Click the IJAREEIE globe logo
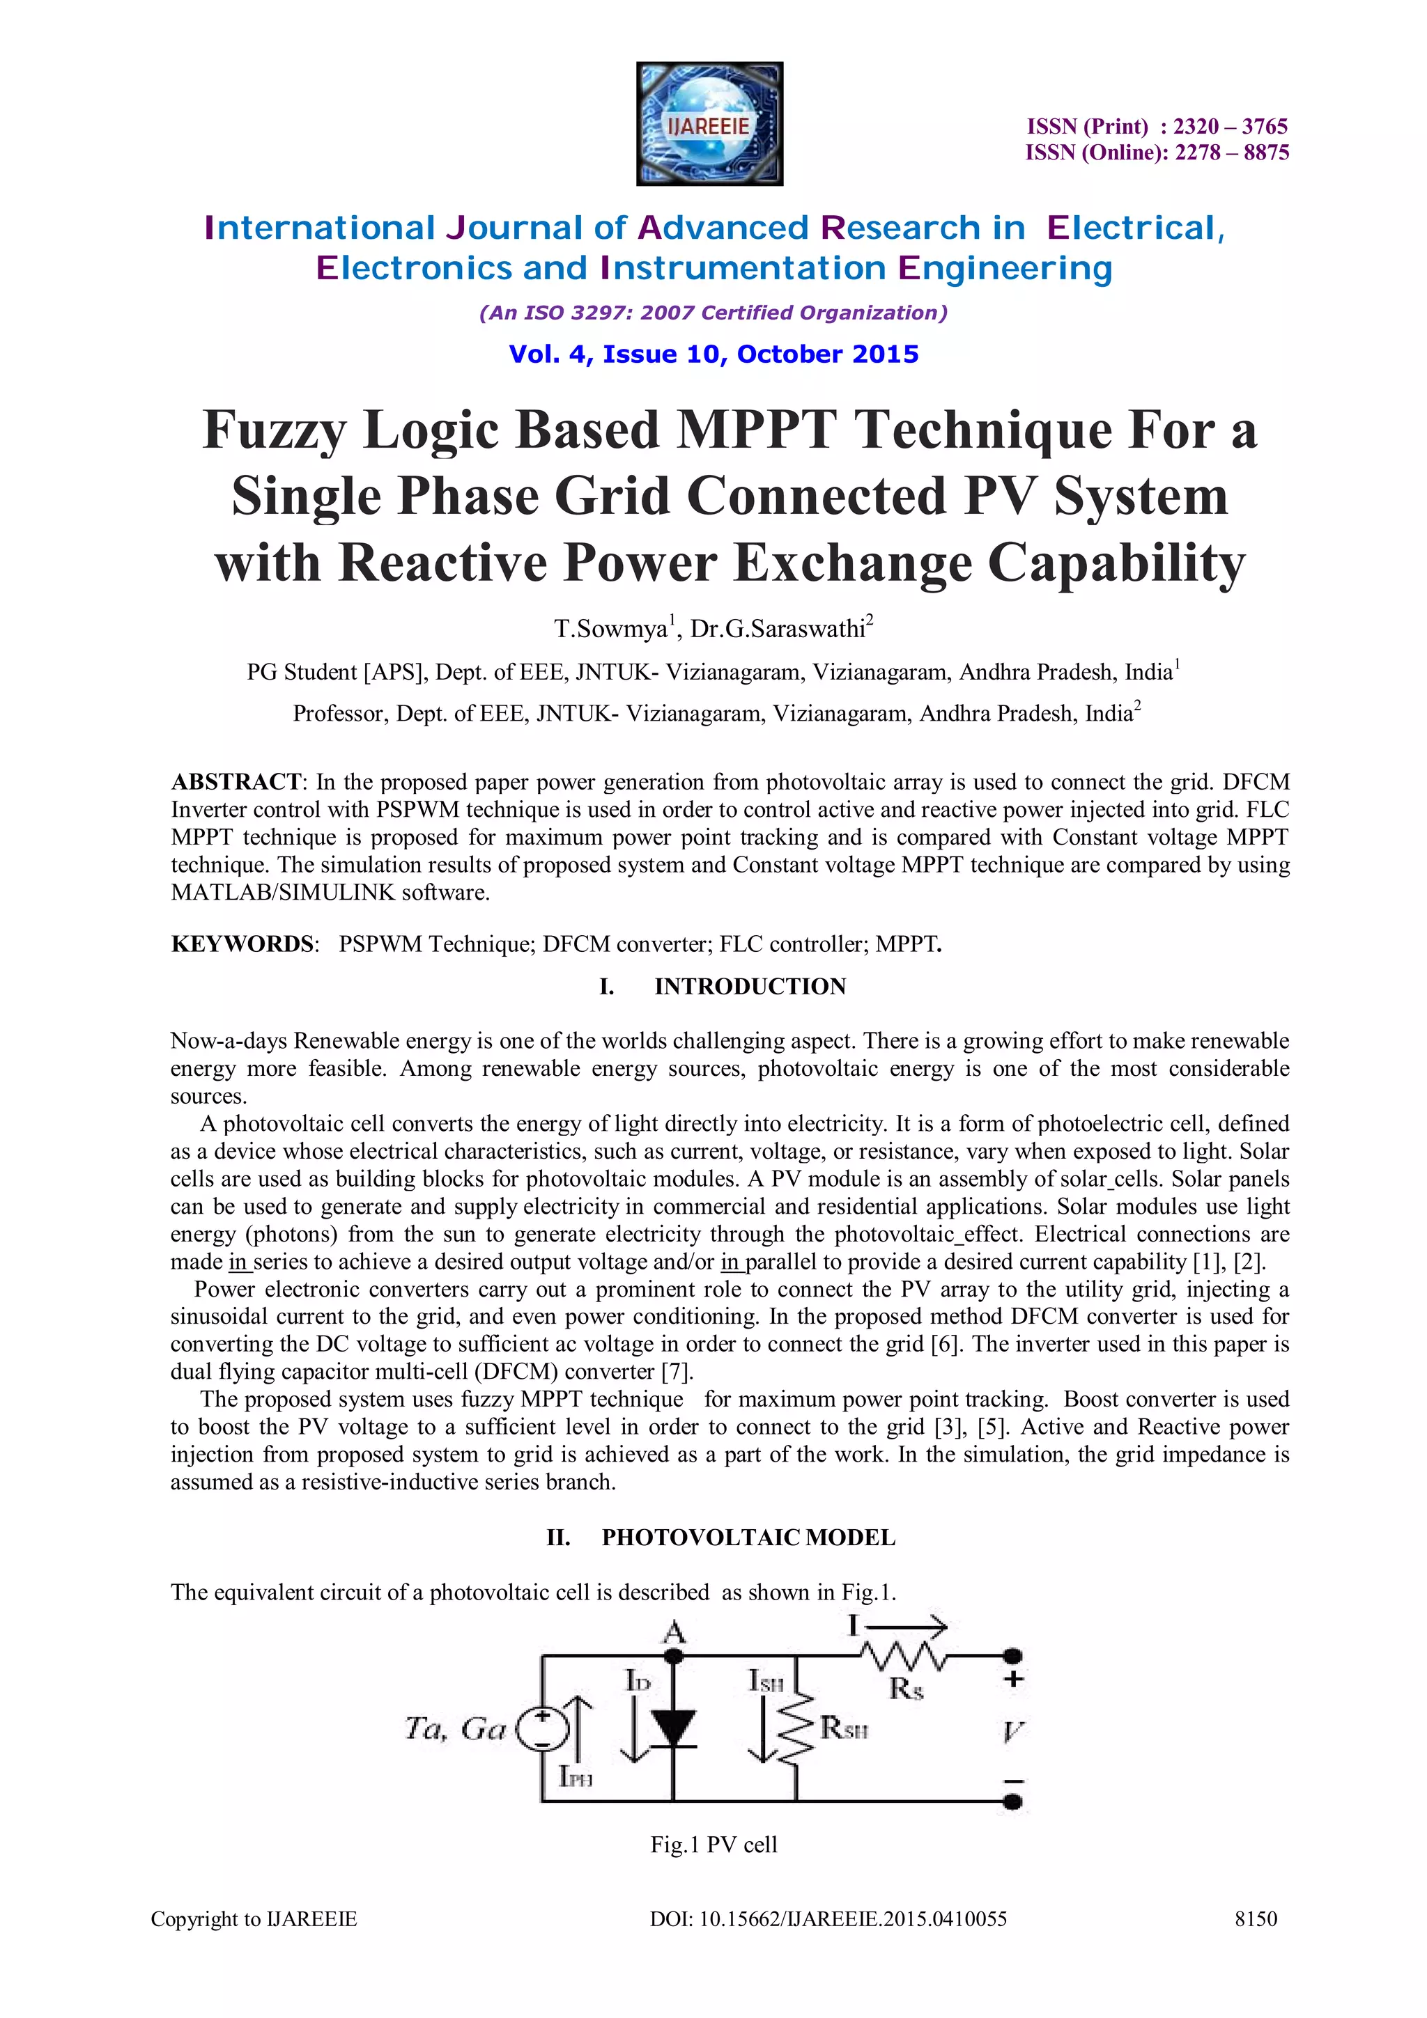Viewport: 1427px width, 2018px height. (x=709, y=124)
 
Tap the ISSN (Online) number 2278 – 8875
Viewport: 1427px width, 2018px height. (x=1232, y=153)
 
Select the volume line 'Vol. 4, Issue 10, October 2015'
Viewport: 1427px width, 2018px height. (x=713, y=354)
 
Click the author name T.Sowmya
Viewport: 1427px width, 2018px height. (x=610, y=629)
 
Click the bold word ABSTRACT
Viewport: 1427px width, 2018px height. (x=236, y=781)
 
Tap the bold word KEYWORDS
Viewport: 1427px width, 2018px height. (x=242, y=944)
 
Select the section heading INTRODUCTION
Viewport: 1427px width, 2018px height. (x=750, y=986)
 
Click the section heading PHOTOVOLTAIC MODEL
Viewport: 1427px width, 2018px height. (x=748, y=1538)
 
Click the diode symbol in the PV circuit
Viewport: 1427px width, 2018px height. (x=674, y=1728)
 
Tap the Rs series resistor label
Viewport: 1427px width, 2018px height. (x=906, y=1689)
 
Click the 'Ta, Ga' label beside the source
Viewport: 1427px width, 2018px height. (x=454, y=1729)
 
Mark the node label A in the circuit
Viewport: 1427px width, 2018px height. (x=674, y=1632)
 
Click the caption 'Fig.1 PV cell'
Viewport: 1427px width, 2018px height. (x=713, y=1844)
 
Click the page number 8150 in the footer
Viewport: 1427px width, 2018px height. (x=1256, y=1918)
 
